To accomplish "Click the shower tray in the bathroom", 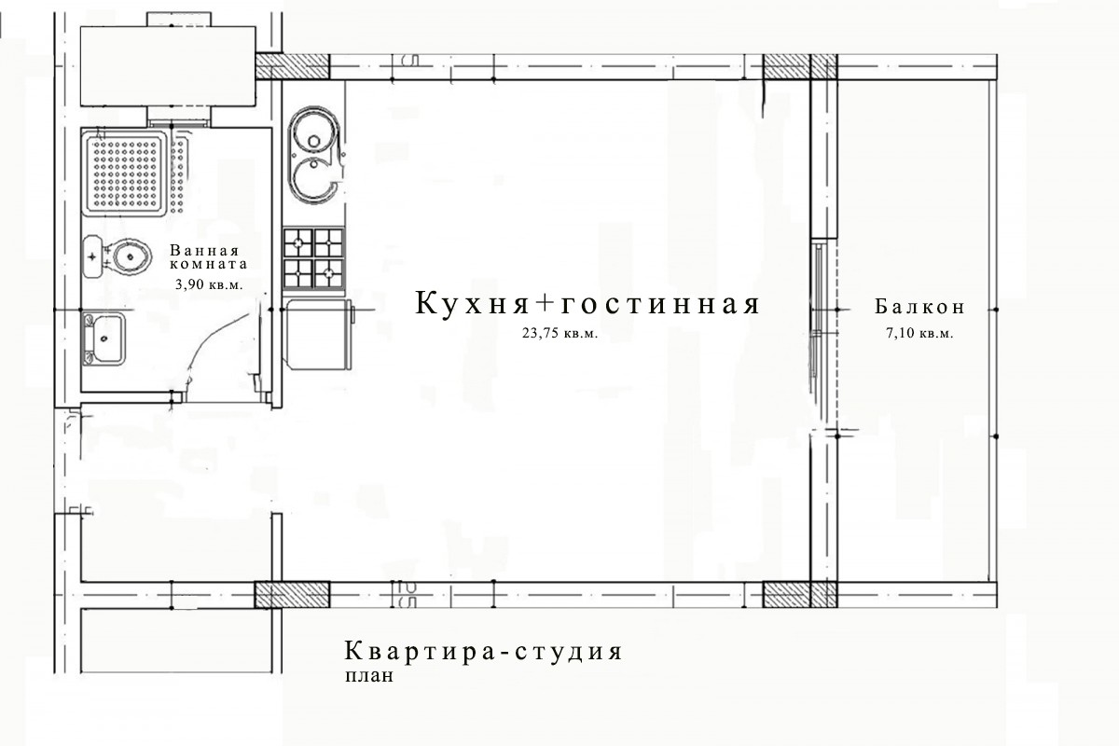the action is [124, 173].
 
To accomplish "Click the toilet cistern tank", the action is [93, 256].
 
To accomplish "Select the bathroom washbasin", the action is [104, 338].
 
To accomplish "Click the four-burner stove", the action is [313, 259].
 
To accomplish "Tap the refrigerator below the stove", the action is [318, 334].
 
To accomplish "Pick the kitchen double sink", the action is [314, 155].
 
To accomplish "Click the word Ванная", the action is [205, 250].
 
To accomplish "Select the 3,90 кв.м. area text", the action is [209, 284].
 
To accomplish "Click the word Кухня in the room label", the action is [472, 303].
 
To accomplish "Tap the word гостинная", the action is [659, 304].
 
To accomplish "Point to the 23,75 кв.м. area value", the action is [560, 333].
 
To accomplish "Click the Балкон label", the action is [919, 307].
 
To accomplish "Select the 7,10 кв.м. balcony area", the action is [919, 333].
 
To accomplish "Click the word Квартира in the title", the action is [420, 651].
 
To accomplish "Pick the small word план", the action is [369, 676].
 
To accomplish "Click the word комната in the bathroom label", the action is [209, 264].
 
